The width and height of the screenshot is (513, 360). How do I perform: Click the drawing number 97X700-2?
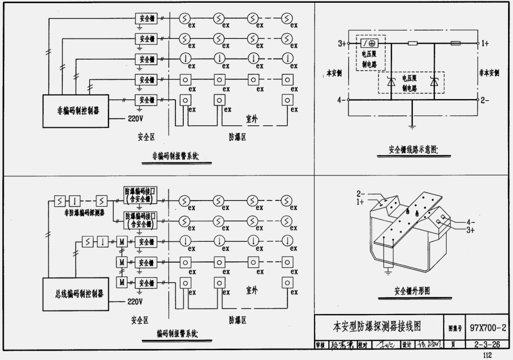(x=488, y=327)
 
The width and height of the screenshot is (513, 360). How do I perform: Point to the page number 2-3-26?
(x=488, y=345)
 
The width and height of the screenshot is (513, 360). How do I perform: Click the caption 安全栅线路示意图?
(x=414, y=149)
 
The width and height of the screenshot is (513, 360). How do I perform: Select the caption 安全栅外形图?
(x=412, y=291)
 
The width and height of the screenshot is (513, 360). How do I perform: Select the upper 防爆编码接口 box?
(x=140, y=195)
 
